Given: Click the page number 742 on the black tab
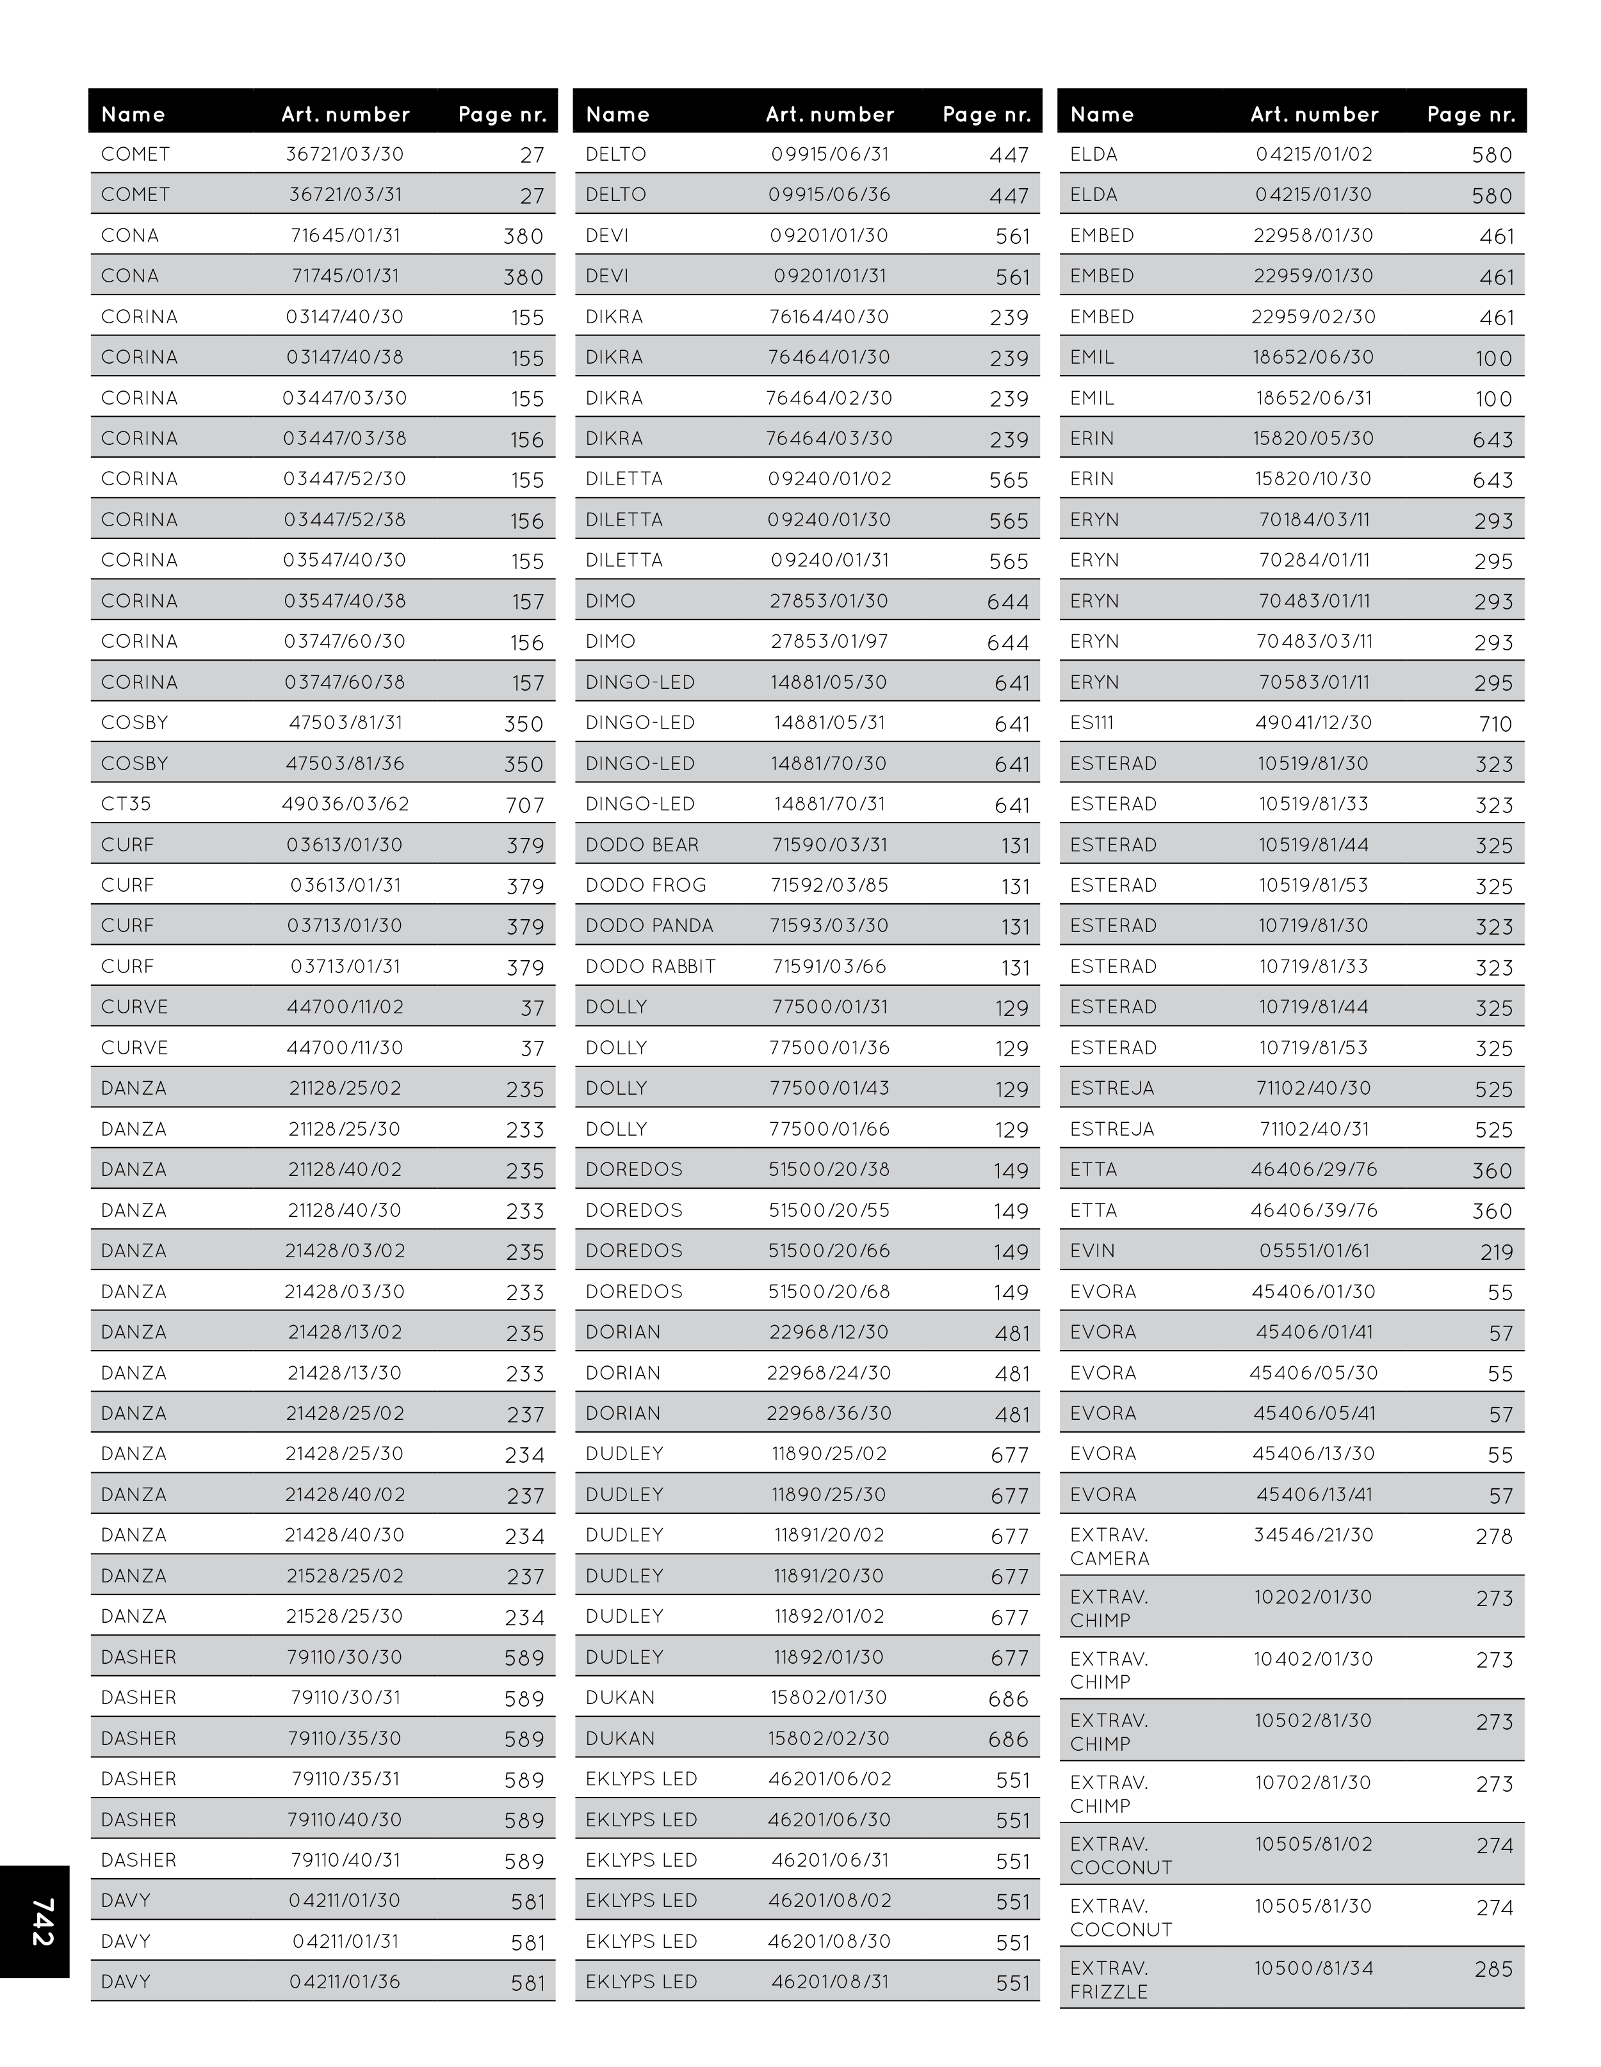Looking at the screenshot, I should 42,1921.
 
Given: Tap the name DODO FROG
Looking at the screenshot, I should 646,885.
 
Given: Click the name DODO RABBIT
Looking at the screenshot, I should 651,967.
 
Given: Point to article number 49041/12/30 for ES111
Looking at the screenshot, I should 1313,722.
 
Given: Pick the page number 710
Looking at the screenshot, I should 1496,724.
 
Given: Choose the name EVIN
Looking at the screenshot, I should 1093,1250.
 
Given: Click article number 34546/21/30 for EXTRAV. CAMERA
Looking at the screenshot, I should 1313,1534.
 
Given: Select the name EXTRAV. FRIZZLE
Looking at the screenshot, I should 1109,1979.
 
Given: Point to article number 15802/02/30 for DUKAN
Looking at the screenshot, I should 829,1737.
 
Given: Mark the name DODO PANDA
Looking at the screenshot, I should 649,926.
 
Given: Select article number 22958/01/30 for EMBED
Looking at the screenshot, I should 1313,235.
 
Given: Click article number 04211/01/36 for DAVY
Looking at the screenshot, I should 346,1981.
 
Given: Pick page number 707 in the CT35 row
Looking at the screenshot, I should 526,805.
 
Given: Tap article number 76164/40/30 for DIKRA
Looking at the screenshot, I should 829,316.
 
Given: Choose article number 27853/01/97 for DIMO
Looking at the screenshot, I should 829,641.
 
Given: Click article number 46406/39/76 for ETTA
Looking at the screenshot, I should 1313,1209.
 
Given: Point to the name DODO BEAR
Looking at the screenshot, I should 642,844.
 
